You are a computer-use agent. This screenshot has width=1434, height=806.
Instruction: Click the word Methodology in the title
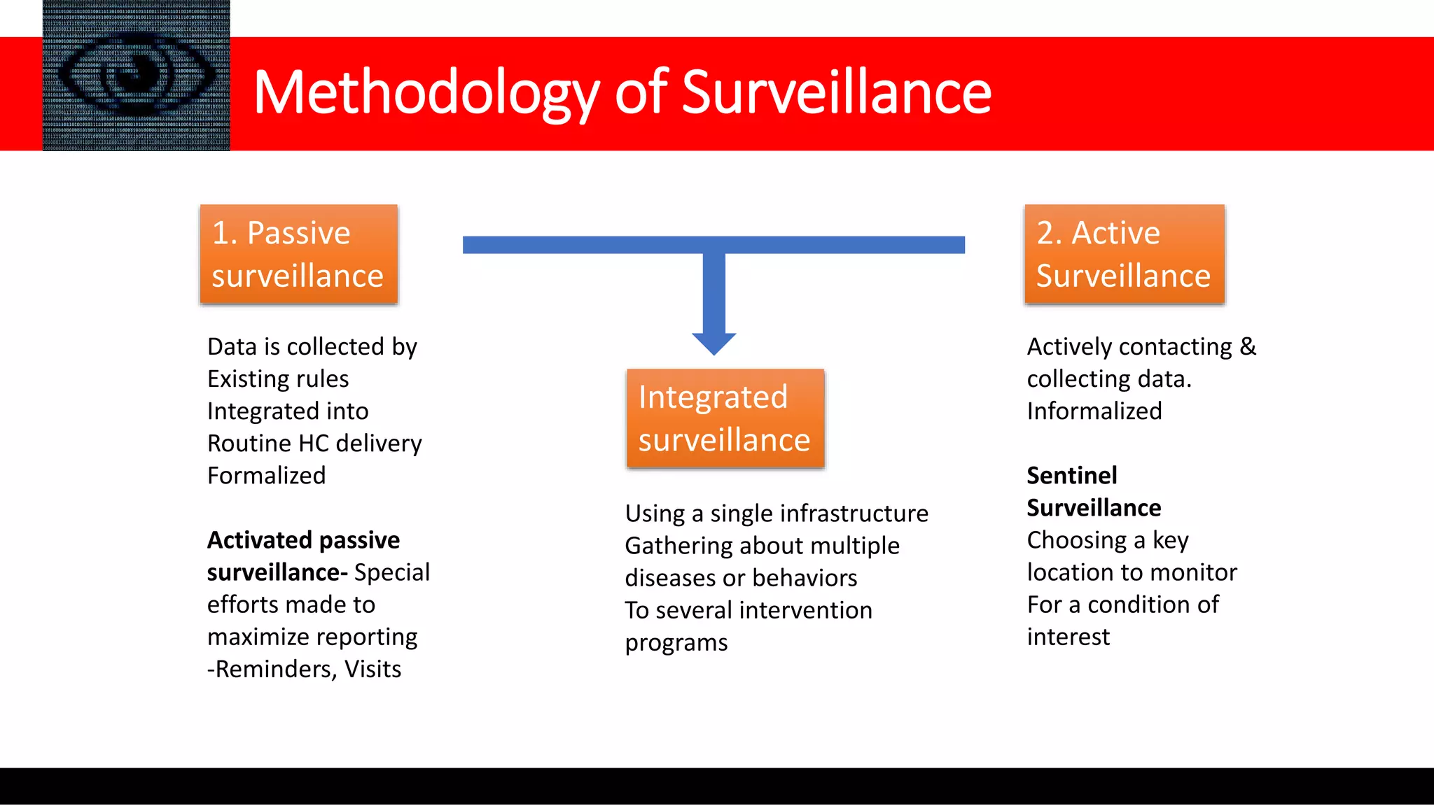click(426, 92)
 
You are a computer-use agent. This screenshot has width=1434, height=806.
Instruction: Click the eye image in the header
click(137, 76)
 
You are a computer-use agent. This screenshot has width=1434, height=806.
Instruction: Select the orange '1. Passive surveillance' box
click(299, 254)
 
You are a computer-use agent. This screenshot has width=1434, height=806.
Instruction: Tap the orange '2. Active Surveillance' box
click(1125, 254)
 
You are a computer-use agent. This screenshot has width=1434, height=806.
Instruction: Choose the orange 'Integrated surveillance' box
click(725, 418)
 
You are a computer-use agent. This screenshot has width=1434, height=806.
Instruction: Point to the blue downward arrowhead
click(713, 343)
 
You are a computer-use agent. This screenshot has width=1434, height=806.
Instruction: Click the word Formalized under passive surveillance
click(266, 476)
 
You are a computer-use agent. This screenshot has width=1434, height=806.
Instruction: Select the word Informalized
click(1094, 411)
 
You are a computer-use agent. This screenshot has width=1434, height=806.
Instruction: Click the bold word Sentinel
click(1071, 476)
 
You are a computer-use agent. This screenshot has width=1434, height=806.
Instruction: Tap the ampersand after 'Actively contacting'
click(1248, 346)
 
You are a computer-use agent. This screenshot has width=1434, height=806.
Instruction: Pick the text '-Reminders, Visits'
click(304, 670)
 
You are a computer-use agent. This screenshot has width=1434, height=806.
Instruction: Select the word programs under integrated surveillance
click(676, 643)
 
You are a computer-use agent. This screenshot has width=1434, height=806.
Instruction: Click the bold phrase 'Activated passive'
click(303, 540)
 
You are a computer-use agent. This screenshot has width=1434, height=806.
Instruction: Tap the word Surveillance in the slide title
click(836, 92)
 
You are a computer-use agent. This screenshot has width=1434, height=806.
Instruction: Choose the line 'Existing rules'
click(278, 379)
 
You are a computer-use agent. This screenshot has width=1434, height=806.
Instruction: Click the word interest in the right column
click(1068, 637)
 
